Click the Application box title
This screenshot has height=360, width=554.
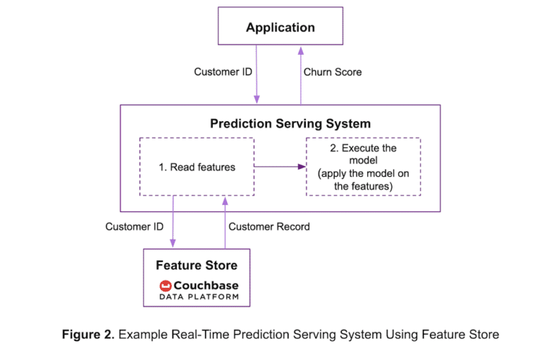tap(280, 28)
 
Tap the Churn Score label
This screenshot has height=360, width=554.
tap(333, 72)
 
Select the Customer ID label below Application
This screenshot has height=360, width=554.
tap(223, 72)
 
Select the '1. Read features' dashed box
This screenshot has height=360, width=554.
tap(196, 167)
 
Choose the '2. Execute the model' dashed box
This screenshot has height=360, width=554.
tap(364, 167)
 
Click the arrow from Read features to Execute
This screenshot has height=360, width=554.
tap(278, 167)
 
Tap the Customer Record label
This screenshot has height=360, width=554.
tap(269, 227)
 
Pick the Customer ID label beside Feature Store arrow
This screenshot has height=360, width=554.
tap(134, 227)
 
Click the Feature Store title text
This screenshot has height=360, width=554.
tap(196, 265)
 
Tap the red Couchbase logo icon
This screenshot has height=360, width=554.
tap(165, 286)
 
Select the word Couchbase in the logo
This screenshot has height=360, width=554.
tap(206, 285)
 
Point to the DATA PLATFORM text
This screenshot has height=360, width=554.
tap(199, 297)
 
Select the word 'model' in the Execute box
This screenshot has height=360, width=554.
tap(364, 160)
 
